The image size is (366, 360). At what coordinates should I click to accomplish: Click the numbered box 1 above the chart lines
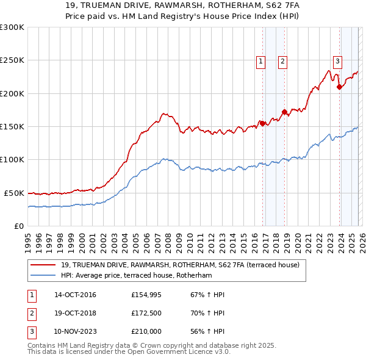[261, 60]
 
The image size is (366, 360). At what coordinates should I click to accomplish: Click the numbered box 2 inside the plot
[283, 60]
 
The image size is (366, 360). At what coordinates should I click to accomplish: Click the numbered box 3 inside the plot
[337, 60]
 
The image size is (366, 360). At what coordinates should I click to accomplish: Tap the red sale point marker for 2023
[339, 87]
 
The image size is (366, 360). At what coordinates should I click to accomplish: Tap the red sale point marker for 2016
[262, 123]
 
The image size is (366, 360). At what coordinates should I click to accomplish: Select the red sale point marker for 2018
[284, 112]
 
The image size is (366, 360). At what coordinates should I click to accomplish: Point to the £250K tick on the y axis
[12, 60]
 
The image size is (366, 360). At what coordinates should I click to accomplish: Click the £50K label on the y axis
[14, 193]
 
